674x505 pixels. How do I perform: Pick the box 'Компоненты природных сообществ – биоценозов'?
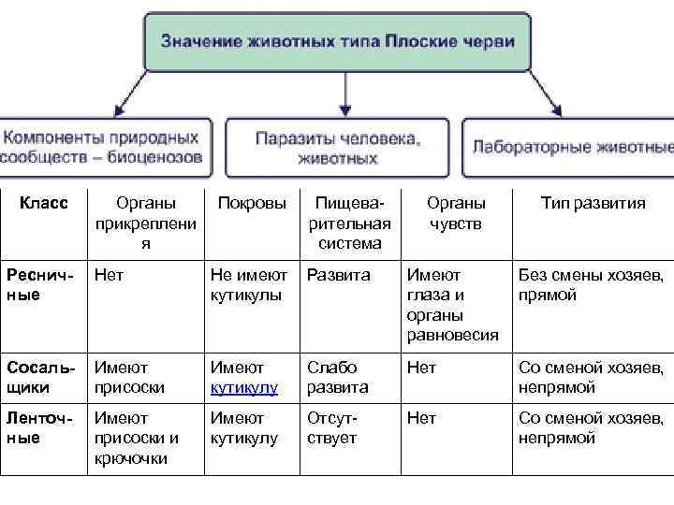pos(103,148)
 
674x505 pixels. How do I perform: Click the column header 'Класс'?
pos(43,204)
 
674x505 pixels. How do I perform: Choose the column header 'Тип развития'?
pos(593,204)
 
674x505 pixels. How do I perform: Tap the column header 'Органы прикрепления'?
pos(145,224)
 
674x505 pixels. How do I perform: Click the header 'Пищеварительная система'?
pos(349,224)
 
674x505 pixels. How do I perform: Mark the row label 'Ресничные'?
pos(36,285)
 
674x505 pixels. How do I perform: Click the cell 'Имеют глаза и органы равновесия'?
pos(452,305)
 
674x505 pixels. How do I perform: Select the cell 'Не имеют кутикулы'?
pos(248,285)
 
